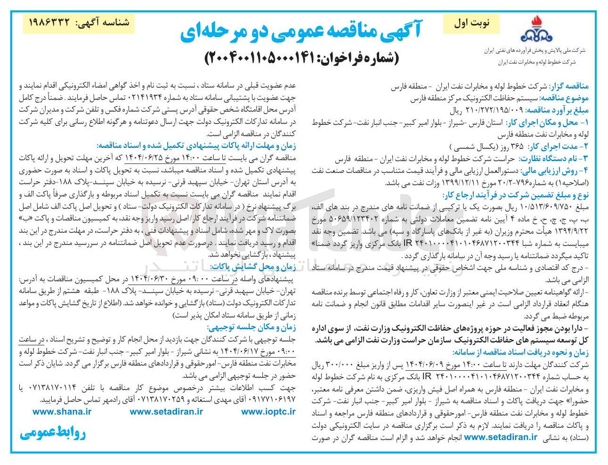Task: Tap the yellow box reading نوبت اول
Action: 472,23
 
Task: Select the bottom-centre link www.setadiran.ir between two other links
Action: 166,411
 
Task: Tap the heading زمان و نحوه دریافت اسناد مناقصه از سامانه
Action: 520,352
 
